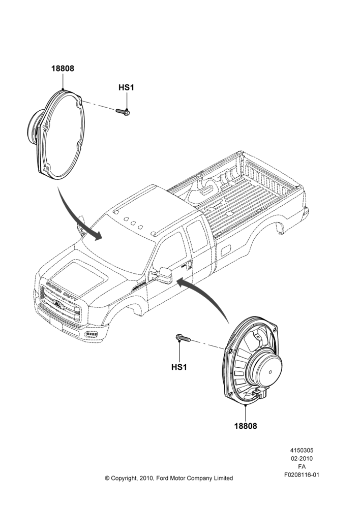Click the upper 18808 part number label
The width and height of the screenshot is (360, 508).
(63, 69)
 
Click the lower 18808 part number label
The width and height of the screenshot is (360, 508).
(246, 426)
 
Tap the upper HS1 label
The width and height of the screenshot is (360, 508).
(126, 87)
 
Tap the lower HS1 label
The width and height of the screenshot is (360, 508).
(179, 367)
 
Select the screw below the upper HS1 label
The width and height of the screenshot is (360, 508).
(123, 111)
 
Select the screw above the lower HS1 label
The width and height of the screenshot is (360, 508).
(183, 338)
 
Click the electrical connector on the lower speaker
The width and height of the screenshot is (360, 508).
(260, 393)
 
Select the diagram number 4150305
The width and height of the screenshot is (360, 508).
(302, 450)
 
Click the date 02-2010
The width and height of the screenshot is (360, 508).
(302, 458)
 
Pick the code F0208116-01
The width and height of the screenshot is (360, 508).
(302, 475)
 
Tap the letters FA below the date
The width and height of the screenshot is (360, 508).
(302, 467)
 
